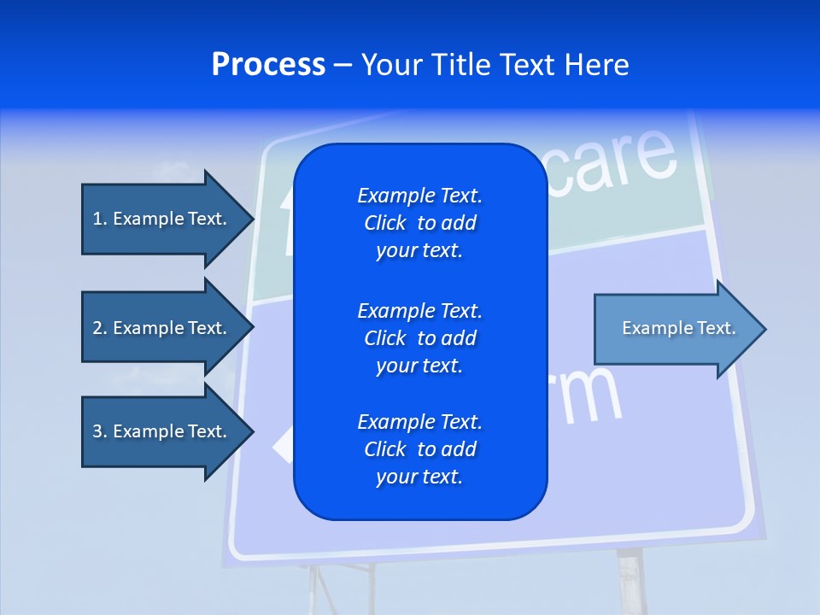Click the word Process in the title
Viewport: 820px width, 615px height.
[268, 65]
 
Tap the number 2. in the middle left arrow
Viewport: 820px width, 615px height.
[99, 328]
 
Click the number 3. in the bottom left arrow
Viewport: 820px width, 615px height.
[99, 431]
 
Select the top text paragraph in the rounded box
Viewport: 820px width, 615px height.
[419, 223]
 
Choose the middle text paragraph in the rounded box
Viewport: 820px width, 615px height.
[419, 337]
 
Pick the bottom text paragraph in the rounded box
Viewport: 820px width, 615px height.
[419, 449]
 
